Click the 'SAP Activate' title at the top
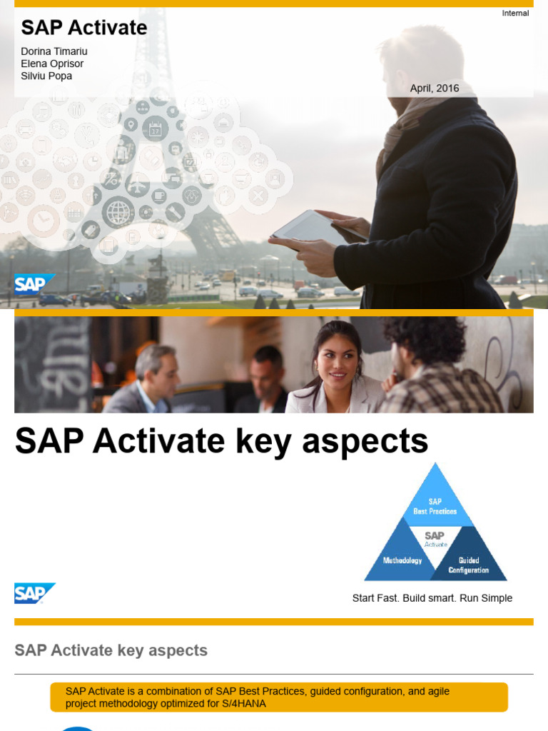(x=84, y=28)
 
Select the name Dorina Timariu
(x=54, y=51)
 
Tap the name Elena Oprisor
(x=53, y=64)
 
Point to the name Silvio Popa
(x=46, y=76)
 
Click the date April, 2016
(x=435, y=89)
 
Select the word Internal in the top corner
(x=515, y=13)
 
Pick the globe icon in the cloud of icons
(x=118, y=211)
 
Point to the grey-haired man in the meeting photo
(x=155, y=373)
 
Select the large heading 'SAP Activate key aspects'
(x=221, y=441)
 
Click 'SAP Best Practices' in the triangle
(x=435, y=506)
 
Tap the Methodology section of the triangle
(x=402, y=560)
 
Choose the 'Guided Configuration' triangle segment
(x=469, y=565)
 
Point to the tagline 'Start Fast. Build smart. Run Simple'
(x=432, y=598)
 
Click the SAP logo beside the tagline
(x=34, y=593)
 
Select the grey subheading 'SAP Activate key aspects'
(x=111, y=650)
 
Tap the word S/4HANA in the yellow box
(x=243, y=704)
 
